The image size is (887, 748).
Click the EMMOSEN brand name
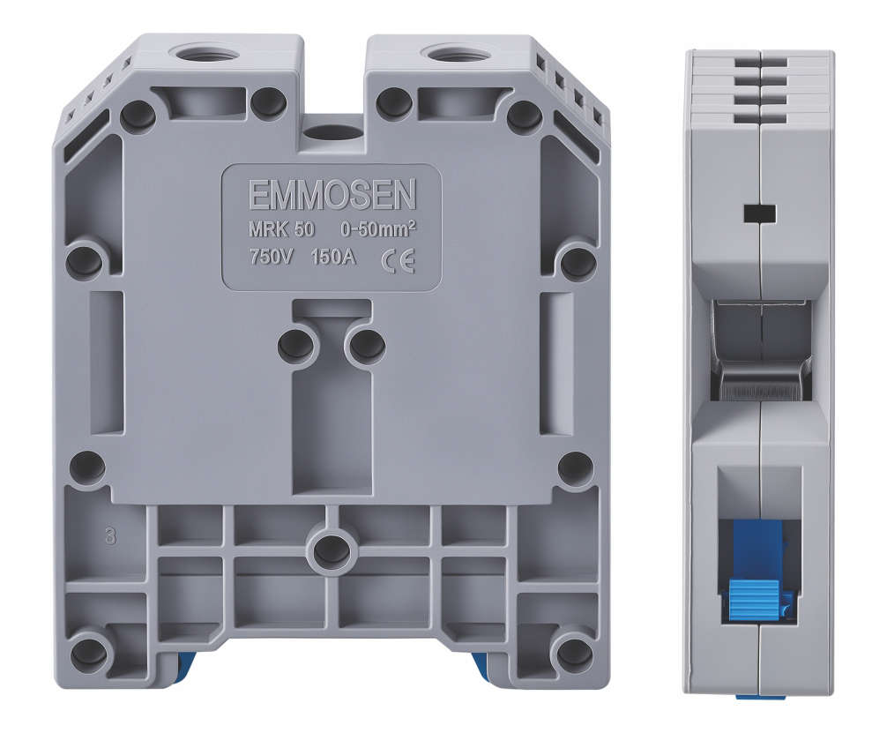pyautogui.click(x=332, y=195)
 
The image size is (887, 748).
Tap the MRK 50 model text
pyautogui.click(x=282, y=230)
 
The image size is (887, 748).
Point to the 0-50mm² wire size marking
pyautogui.click(x=378, y=229)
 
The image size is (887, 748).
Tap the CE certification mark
pyautogui.click(x=399, y=261)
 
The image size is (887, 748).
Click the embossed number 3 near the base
pyautogui.click(x=110, y=535)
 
